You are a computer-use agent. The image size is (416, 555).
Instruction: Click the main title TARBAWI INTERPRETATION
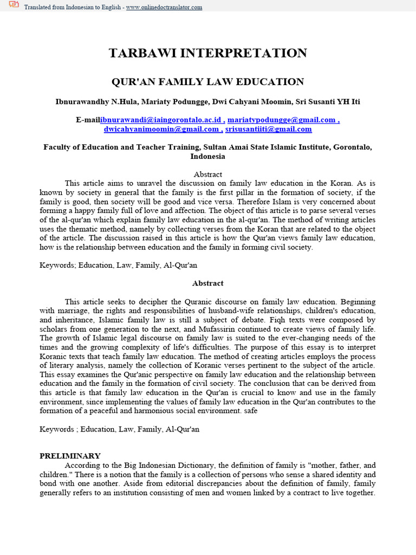pos(208,53)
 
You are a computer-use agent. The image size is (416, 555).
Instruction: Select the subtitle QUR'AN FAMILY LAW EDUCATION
pos(208,82)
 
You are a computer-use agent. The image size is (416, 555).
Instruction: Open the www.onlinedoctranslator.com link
pos(164,7)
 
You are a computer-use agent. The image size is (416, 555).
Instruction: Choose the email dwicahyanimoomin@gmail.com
pos(161,129)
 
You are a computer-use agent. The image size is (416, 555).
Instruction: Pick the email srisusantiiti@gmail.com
pos(269,129)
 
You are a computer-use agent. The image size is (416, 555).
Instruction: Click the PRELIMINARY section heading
pos(70,456)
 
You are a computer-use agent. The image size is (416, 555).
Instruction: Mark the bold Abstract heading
pos(208,283)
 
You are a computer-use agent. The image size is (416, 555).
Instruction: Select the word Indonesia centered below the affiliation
pos(208,156)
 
